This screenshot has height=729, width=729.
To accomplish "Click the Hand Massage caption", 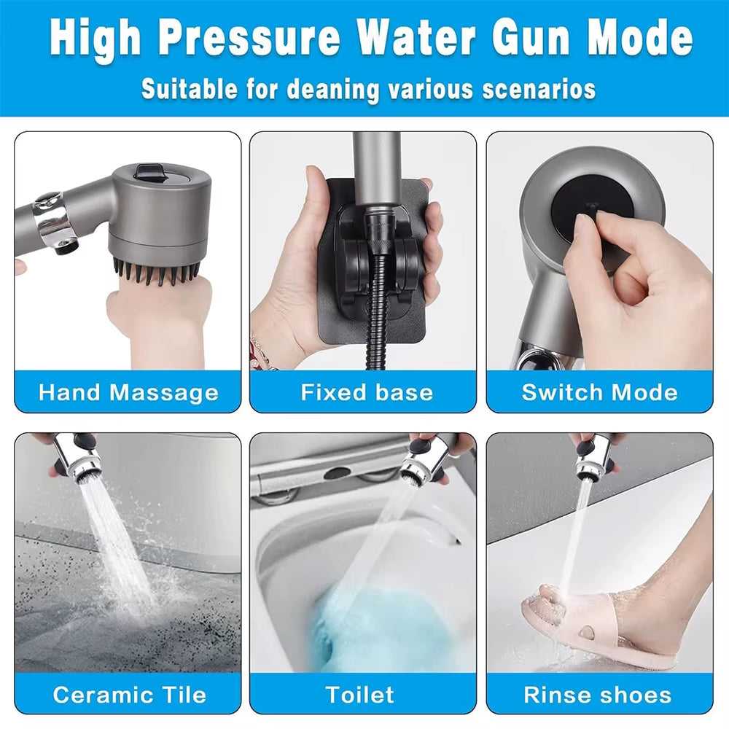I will [x=128, y=393].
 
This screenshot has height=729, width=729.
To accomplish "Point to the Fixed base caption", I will [x=367, y=393].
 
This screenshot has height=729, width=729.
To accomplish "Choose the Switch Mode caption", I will [x=599, y=393].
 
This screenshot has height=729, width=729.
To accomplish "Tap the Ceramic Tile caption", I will [x=129, y=694].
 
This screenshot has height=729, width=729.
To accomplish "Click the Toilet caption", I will [x=360, y=694].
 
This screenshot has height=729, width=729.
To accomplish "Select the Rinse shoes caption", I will [x=597, y=694].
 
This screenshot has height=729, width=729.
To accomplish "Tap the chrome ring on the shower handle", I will [x=51, y=219].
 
